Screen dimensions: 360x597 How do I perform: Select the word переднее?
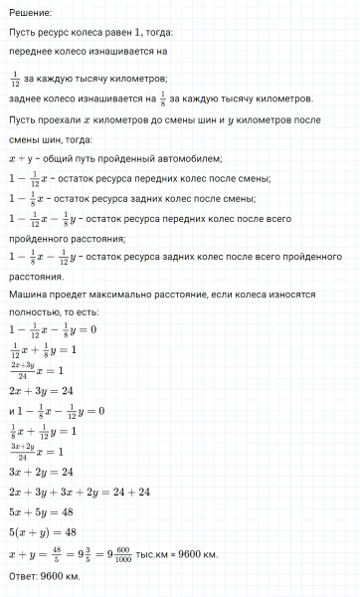pyautogui.click(x=33, y=48)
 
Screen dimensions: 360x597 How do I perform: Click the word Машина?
pyautogui.click(x=30, y=297)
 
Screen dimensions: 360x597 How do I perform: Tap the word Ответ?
pyautogui.click(x=25, y=576)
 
